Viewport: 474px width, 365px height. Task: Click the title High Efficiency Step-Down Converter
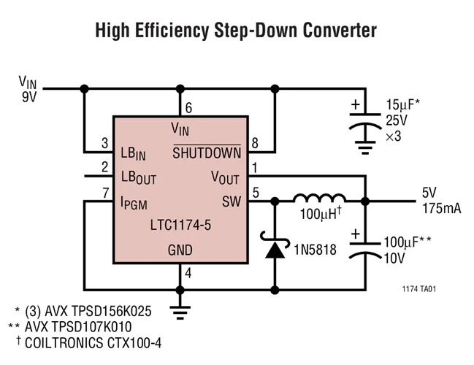(236, 31)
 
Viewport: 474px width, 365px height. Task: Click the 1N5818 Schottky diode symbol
(275, 248)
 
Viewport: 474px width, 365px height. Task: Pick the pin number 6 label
(188, 108)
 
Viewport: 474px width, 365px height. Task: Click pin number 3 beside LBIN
(104, 143)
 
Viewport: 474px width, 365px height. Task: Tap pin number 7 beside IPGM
(104, 192)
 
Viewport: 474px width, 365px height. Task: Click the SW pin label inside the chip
(231, 201)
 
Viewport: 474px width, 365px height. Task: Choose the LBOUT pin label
(138, 177)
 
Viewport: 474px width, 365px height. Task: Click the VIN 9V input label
(28, 88)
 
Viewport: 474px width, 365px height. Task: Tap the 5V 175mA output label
(440, 201)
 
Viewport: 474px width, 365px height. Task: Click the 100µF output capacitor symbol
(363, 250)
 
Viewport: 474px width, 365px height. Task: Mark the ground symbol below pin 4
(180, 310)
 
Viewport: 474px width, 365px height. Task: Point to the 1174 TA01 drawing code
(418, 290)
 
